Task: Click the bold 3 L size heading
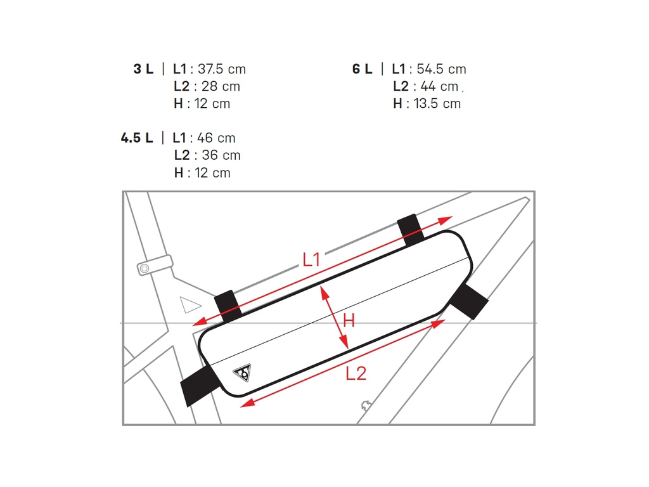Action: pyautogui.click(x=143, y=69)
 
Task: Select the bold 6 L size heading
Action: pyautogui.click(x=363, y=69)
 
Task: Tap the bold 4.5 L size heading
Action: pyautogui.click(x=137, y=138)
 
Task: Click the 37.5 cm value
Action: pyautogui.click(x=222, y=69)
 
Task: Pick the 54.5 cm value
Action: pyautogui.click(x=441, y=69)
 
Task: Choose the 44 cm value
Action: pyautogui.click(x=439, y=86)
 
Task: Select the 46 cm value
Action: pyautogui.click(x=216, y=138)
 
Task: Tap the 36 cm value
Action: pyautogui.click(x=221, y=155)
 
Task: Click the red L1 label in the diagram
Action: pyautogui.click(x=311, y=259)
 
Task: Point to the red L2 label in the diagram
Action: pyautogui.click(x=356, y=374)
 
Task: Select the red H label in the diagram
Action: pyautogui.click(x=349, y=321)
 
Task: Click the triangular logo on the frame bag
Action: pyautogui.click(x=242, y=372)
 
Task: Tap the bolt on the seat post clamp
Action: pyautogui.click(x=145, y=269)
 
